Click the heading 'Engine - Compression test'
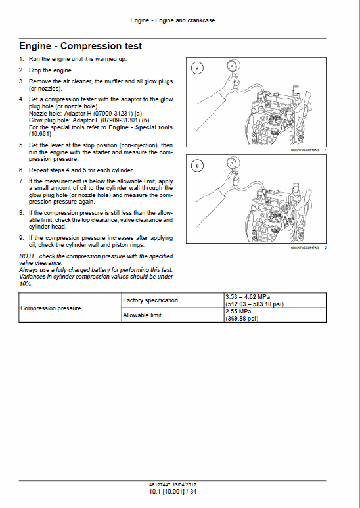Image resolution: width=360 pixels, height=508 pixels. pyautogui.click(x=80, y=47)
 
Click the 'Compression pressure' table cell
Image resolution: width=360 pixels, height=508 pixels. pyautogui.click(x=51, y=308)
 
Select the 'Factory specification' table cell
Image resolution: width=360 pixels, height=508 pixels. pyautogui.click(x=150, y=300)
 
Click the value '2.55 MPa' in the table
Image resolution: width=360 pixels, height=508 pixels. pyautogui.click(x=238, y=312)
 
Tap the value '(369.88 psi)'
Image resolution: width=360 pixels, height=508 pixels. pyautogui.click(x=241, y=319)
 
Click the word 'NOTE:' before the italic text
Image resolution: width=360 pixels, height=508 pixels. pyautogui.click(x=28, y=255)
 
